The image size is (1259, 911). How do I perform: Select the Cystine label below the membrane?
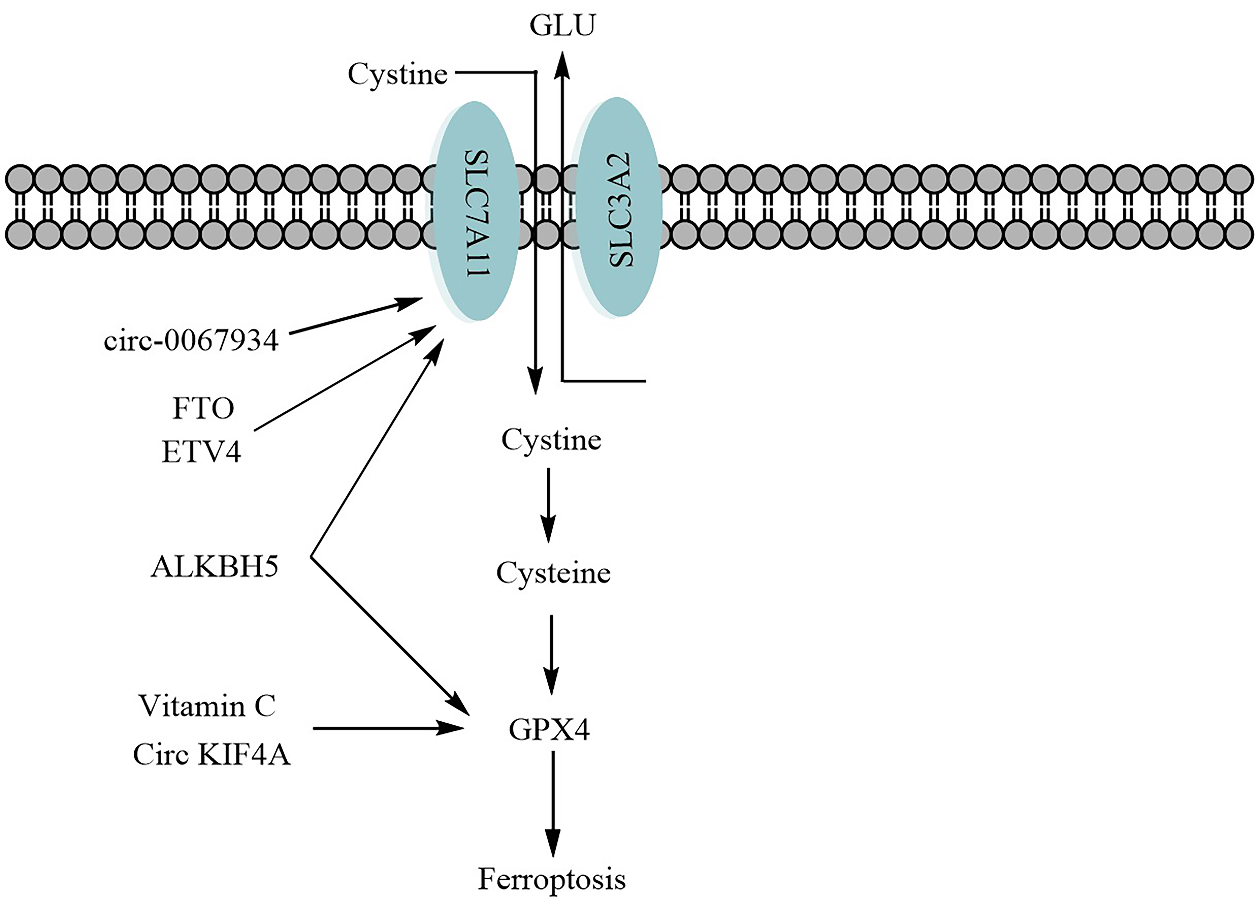551,440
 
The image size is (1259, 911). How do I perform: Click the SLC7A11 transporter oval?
475,211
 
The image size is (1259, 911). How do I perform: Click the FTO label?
203,409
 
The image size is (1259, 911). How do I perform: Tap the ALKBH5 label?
214,567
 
